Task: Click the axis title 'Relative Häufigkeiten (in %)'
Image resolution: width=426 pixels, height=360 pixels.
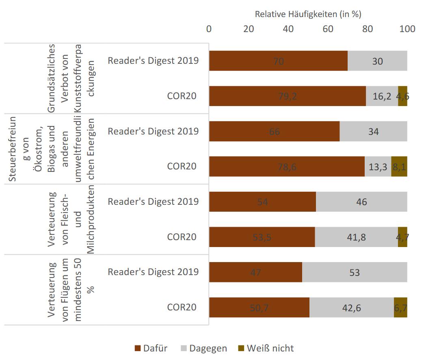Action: point(308,14)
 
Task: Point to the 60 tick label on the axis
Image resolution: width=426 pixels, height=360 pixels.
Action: point(328,29)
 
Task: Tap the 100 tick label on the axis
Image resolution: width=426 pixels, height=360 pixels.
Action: point(407,29)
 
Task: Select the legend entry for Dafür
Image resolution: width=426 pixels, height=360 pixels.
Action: point(151,348)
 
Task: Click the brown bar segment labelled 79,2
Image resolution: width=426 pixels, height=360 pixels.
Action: point(287,96)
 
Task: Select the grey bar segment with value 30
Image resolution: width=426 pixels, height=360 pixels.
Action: point(377,61)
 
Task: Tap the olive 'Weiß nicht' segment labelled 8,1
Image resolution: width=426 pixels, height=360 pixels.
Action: point(399,166)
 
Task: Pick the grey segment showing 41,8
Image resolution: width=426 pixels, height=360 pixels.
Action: point(356,237)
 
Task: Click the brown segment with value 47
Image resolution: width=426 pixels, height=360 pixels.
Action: point(255,272)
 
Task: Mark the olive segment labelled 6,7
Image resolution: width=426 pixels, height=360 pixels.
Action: point(400,307)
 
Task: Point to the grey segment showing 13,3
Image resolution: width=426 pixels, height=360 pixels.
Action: point(378,166)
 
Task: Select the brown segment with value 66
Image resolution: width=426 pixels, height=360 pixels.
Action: point(274,131)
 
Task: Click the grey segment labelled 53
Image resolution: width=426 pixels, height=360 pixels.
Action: point(355,272)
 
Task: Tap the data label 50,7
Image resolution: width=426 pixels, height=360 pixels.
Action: point(259,307)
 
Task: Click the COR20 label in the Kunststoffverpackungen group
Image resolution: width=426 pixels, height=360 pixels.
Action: point(182,96)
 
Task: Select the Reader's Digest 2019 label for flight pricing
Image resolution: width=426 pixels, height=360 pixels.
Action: point(153,271)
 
